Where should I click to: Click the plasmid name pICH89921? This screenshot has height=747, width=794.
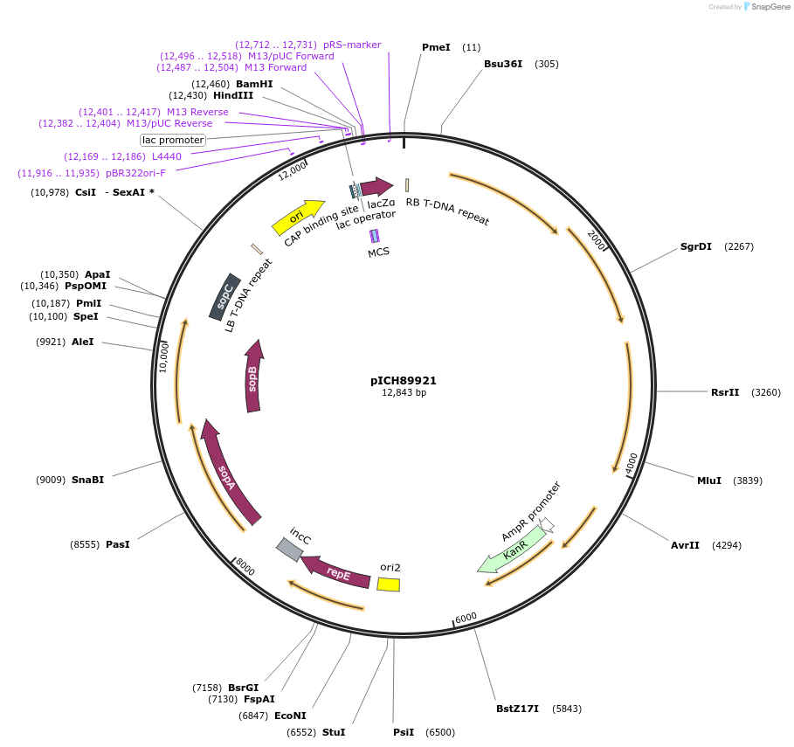(404, 381)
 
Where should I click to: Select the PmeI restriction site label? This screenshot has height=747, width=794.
(436, 47)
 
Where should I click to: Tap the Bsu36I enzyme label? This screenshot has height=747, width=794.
(503, 64)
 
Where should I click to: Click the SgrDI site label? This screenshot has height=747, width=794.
(696, 246)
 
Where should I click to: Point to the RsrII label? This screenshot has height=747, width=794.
(725, 392)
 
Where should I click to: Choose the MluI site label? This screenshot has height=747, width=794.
(708, 481)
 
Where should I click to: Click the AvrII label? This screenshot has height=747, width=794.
(685, 545)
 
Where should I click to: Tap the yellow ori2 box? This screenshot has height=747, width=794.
(389, 584)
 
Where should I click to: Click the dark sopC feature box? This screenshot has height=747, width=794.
(224, 300)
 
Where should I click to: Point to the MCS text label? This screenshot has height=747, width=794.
(378, 252)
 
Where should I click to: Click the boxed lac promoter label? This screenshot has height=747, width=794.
(173, 140)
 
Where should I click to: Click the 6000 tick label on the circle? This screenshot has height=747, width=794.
(466, 617)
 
